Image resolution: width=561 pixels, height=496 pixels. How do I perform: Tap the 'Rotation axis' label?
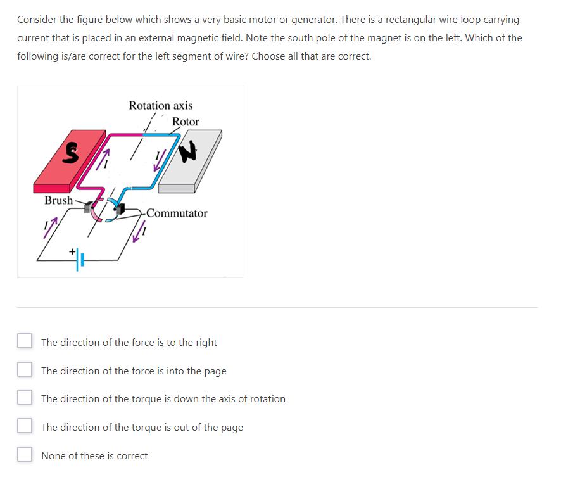click(x=160, y=105)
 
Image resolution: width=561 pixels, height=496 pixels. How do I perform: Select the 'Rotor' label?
click(x=186, y=122)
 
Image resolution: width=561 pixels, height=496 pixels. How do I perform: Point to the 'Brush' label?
click(x=58, y=200)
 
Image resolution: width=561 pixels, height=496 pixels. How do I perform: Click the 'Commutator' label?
click(x=178, y=213)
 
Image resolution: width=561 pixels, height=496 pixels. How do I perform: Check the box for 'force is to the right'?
click(x=25, y=342)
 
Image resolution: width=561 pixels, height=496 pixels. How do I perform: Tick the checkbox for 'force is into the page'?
click(x=25, y=371)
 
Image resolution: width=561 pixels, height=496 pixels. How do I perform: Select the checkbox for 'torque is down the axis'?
click(x=25, y=399)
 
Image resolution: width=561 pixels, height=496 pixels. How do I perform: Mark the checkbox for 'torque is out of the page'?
click(x=25, y=427)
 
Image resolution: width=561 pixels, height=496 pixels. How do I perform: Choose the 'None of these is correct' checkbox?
click(x=25, y=455)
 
